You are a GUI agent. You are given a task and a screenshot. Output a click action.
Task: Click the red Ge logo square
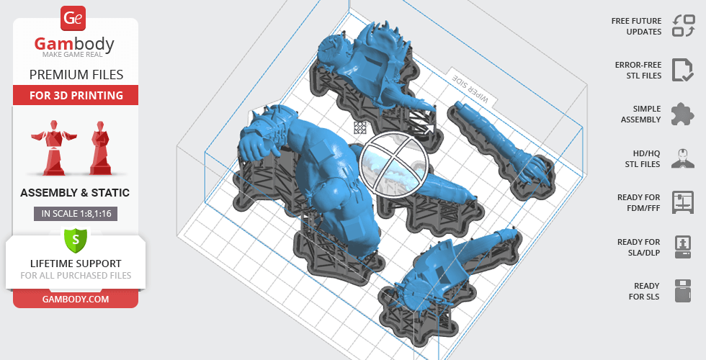(73, 19)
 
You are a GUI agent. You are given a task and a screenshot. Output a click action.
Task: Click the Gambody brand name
(74, 45)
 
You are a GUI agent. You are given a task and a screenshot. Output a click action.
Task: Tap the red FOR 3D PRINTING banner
(76, 95)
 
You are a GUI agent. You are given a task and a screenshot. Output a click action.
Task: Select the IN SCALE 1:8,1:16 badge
(76, 214)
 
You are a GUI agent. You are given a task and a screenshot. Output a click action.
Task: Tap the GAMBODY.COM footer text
(76, 300)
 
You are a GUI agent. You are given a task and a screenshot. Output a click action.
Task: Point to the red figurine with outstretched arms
(53, 147)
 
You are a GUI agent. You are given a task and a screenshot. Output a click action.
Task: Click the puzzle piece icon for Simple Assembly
(682, 114)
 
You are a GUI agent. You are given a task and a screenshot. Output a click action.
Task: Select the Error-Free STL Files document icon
(682, 70)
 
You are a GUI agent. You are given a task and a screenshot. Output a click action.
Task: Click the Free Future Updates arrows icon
(684, 26)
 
